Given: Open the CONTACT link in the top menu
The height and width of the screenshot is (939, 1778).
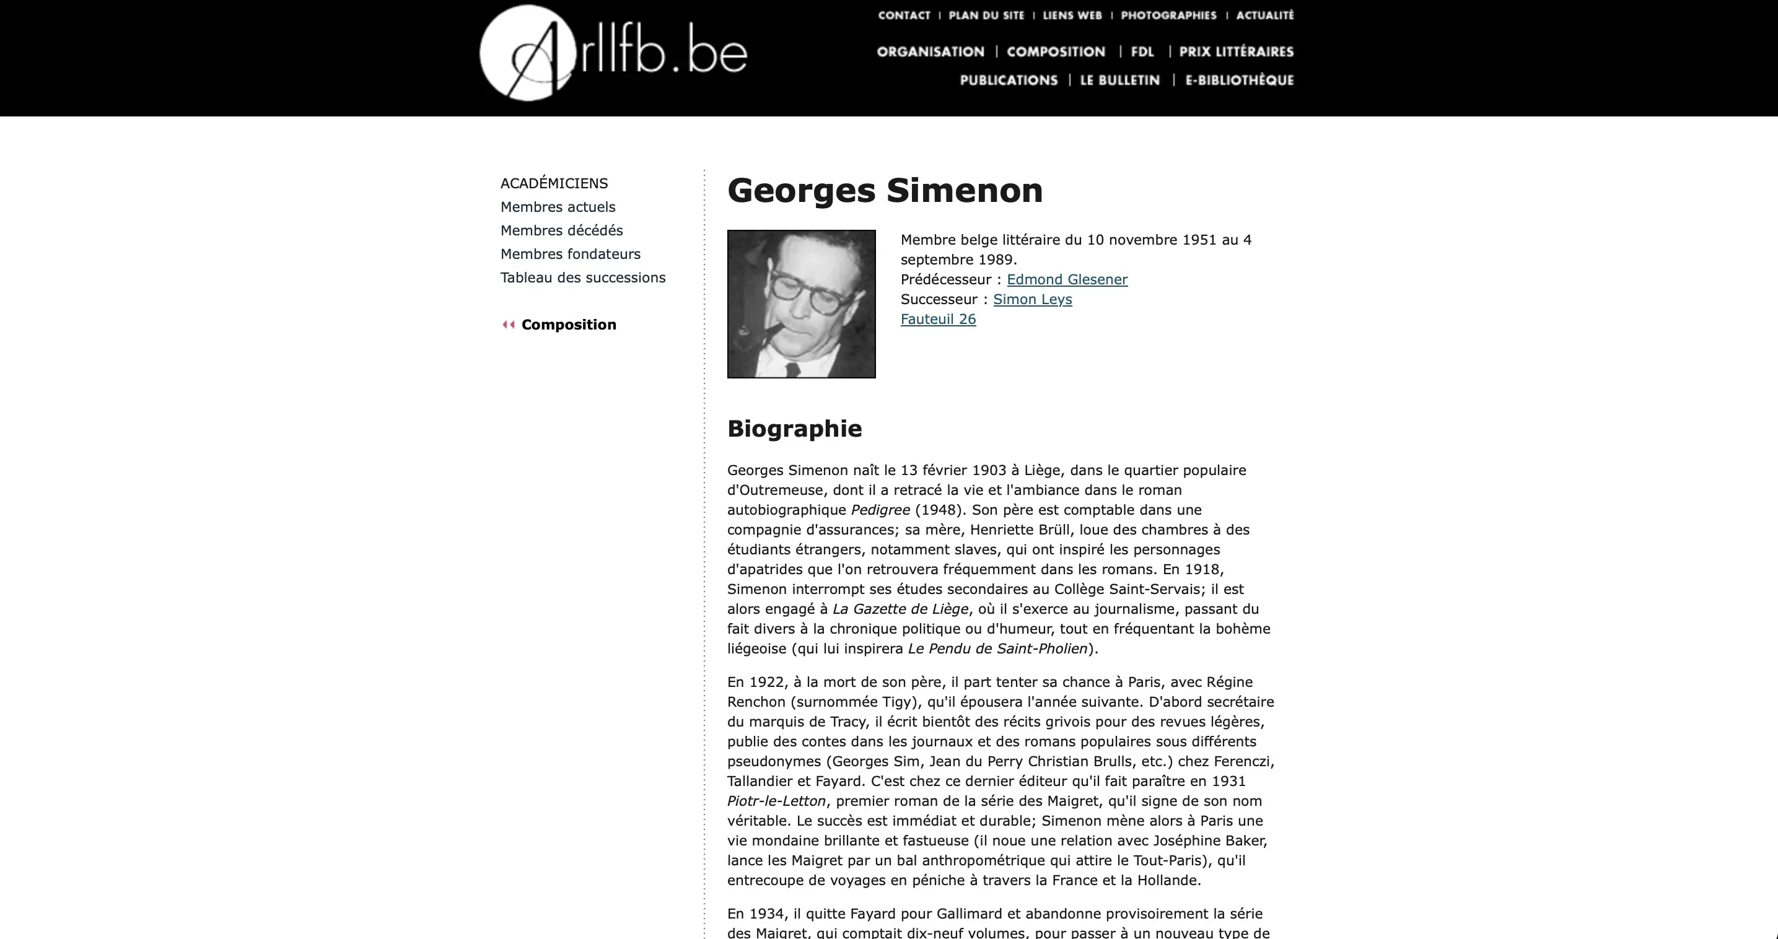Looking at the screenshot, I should (903, 15).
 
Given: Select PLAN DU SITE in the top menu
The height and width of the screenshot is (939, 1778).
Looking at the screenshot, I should (986, 15).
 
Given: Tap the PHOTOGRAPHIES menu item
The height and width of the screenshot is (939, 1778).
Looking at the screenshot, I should (1168, 15).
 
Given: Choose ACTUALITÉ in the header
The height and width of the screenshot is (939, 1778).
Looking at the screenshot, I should (1264, 15).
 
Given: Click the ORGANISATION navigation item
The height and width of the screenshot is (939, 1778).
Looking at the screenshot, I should (931, 52).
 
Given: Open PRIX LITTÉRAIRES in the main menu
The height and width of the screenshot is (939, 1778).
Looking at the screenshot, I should (1236, 52).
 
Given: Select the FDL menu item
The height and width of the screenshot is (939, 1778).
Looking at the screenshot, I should (1142, 52).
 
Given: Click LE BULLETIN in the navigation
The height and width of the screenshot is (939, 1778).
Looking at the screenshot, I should (1119, 80).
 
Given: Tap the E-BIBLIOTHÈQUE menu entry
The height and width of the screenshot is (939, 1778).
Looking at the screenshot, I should (1239, 80).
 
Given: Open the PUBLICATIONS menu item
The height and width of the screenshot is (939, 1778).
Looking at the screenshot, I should (1009, 80).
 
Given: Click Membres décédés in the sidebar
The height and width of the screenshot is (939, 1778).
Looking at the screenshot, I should (561, 230).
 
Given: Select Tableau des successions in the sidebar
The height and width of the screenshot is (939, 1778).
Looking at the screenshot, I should (582, 277).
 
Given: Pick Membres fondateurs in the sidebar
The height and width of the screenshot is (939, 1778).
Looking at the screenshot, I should (570, 254).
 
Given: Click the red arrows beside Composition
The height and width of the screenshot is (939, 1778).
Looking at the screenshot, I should (509, 325).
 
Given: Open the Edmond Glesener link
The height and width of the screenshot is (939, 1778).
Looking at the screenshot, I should (1067, 279).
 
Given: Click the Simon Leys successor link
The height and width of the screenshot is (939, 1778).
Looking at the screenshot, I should (1033, 299).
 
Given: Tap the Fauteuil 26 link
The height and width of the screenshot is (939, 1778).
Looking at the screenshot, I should (938, 319).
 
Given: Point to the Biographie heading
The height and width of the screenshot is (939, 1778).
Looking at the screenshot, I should (794, 429).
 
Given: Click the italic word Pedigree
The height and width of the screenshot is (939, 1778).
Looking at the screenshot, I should (880, 510).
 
